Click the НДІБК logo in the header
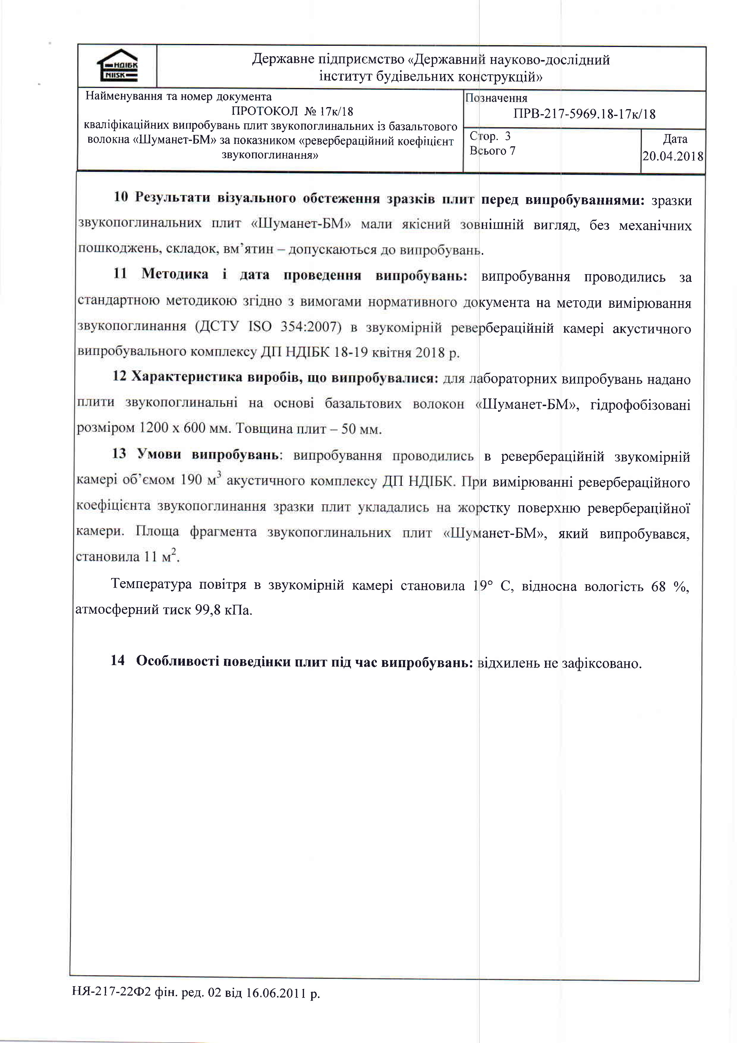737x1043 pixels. (x=117, y=66)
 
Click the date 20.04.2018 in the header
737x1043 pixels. (x=673, y=156)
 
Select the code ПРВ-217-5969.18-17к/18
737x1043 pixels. (x=585, y=114)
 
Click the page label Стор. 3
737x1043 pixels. (x=490, y=136)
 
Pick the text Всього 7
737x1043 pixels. (x=493, y=151)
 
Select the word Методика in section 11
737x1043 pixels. (x=175, y=274)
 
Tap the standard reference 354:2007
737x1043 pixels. (x=311, y=327)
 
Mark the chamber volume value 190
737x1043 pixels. (x=191, y=480)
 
